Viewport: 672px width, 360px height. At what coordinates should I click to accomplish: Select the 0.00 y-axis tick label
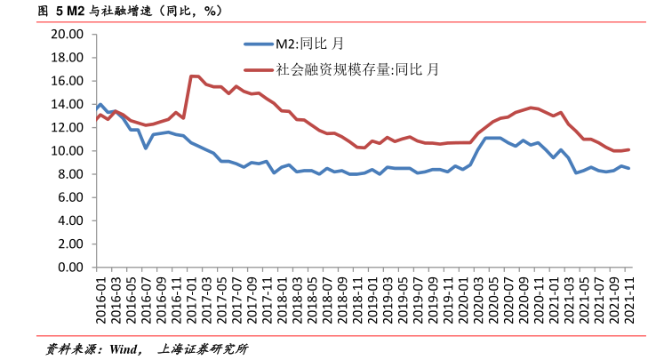70,267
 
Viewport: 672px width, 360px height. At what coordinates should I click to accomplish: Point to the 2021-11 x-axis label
628,297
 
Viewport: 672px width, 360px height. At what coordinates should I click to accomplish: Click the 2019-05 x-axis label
403,297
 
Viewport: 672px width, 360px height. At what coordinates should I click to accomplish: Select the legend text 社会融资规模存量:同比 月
357,68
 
